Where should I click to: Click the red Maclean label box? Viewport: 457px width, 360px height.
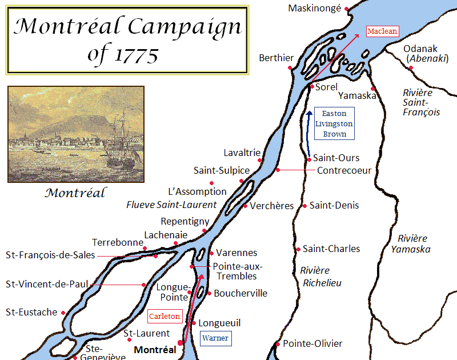382,31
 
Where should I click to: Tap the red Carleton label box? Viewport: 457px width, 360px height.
165,316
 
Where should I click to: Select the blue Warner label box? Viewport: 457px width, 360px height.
215,338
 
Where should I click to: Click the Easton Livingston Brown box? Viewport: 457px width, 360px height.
334,124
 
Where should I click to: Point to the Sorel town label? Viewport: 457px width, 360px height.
327,87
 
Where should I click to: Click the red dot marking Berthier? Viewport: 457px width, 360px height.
290,67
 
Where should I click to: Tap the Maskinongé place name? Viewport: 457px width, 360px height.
314,8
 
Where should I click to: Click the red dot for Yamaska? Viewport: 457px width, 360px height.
372,89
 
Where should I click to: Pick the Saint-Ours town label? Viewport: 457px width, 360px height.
336,158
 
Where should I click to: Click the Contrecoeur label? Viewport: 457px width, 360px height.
344,170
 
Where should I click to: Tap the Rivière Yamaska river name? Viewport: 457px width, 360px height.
411,243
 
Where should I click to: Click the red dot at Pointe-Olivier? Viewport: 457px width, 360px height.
278,344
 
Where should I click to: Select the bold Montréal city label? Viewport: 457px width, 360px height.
154,349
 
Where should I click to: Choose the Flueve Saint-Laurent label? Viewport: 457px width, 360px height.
171,205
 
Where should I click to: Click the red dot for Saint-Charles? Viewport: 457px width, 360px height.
298,249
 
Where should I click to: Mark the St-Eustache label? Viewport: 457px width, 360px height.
31,312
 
